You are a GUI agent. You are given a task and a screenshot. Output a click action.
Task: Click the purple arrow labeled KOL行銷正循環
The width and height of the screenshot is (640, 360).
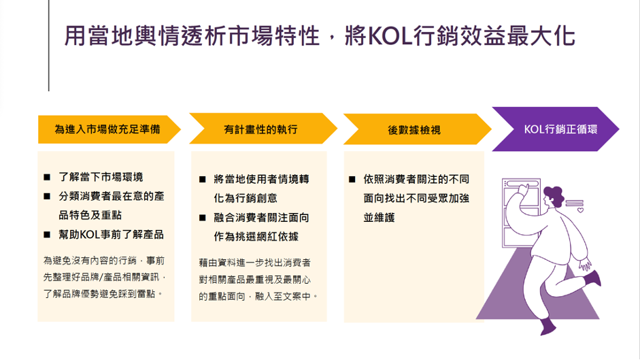[x=556, y=129]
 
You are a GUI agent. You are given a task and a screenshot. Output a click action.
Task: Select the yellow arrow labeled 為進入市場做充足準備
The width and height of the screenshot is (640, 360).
[x=109, y=129]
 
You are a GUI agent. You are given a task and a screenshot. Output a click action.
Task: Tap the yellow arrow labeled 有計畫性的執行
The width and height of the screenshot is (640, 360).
[x=263, y=129]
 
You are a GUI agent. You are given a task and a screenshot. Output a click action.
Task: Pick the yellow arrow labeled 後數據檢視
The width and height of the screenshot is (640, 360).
[x=417, y=129]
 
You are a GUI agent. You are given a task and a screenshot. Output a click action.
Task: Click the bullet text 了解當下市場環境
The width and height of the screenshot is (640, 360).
[x=101, y=177]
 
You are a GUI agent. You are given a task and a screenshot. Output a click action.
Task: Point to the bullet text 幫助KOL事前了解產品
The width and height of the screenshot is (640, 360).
[x=111, y=235]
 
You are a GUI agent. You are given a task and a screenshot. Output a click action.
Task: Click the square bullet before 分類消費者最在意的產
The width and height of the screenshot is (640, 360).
[x=47, y=197]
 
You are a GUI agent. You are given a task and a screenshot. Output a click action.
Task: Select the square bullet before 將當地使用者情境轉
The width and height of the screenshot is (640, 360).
[x=203, y=180]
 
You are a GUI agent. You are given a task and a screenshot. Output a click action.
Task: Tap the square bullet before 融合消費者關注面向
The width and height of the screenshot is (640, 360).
[x=203, y=218]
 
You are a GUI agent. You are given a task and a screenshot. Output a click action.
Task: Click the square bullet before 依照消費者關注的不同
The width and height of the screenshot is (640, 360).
[x=352, y=180]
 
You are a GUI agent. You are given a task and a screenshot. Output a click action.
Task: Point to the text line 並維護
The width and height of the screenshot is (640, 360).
[x=380, y=218]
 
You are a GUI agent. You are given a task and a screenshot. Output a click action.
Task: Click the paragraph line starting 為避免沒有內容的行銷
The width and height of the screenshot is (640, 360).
[x=104, y=261]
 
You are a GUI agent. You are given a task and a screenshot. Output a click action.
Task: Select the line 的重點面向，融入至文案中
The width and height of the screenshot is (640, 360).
[x=258, y=296]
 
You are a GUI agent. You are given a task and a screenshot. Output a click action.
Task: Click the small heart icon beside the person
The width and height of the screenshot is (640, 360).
[x=580, y=210]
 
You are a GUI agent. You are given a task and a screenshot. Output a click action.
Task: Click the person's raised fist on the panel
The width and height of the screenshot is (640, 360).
[x=522, y=189]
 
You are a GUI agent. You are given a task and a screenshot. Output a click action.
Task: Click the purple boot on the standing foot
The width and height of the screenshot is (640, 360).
[x=548, y=327]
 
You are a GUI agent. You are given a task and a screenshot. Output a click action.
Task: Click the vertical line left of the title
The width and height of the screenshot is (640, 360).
[x=49, y=46]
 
